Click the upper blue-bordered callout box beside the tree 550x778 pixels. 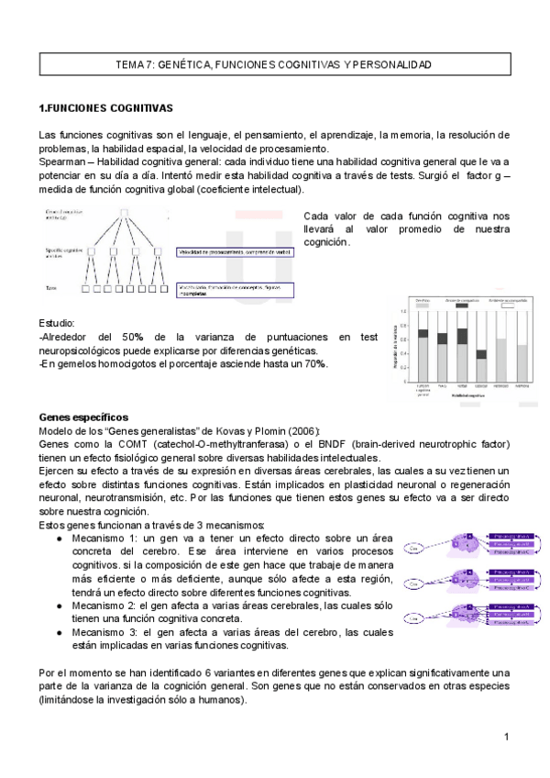[x=235, y=252]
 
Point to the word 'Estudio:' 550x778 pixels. [x=57, y=324]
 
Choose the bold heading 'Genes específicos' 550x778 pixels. [x=83, y=417]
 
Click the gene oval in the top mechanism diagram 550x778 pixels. [x=414, y=549]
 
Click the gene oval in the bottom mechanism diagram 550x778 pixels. [x=414, y=620]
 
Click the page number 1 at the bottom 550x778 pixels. [x=505, y=738]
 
